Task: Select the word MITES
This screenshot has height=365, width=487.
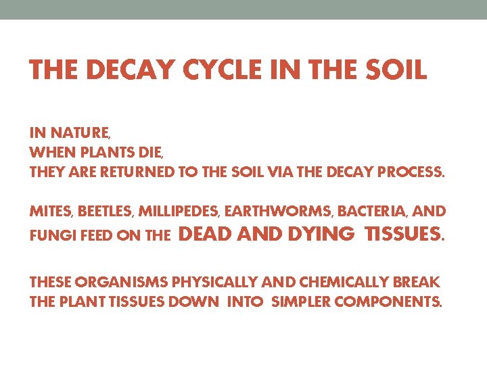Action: click(51, 212)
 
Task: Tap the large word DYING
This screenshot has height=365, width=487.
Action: click(321, 234)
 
